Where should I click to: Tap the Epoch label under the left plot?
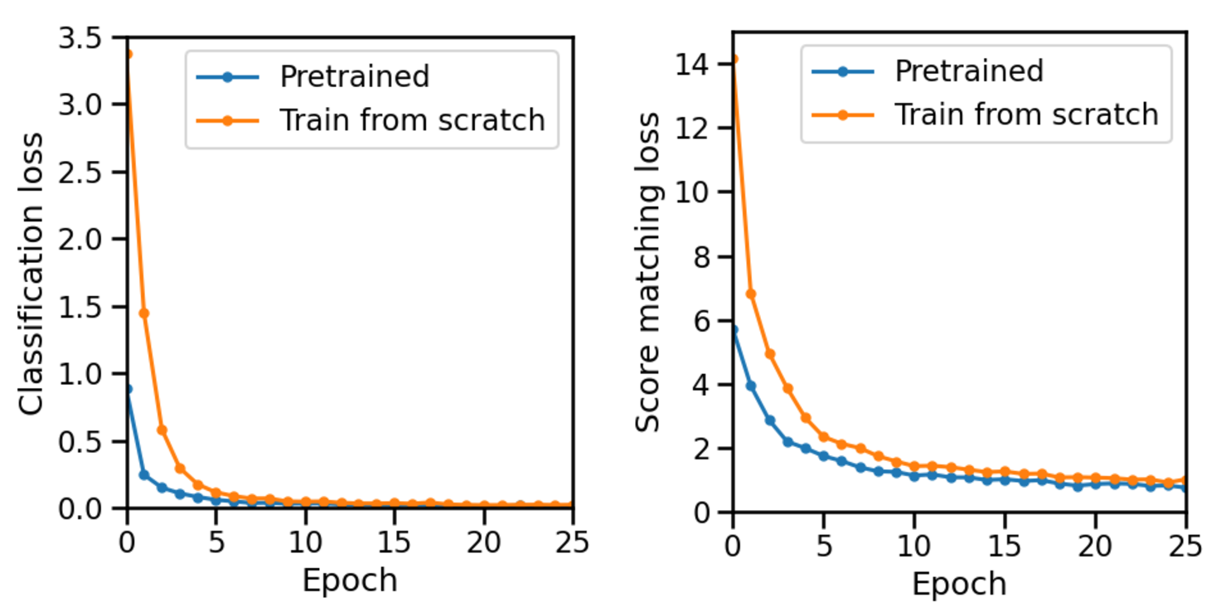point(349,580)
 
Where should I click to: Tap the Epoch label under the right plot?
point(959,583)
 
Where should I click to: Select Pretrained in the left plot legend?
point(354,76)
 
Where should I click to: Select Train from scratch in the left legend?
point(412,120)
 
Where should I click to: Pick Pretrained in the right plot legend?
point(968,71)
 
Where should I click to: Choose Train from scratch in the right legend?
point(1026,114)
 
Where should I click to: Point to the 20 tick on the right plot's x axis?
point(1095,545)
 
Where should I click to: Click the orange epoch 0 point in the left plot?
point(128,55)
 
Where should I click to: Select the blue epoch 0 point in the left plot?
point(128,388)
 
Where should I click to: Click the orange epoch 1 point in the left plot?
point(144,313)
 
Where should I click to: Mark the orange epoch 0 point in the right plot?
point(734,59)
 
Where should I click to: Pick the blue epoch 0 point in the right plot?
point(734,330)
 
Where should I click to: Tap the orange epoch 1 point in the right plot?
point(751,294)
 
